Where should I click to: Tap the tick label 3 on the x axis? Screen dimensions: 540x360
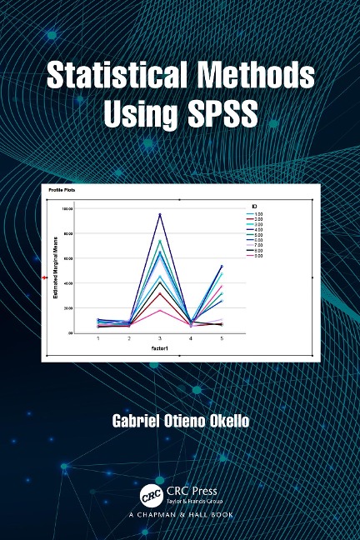point(160,339)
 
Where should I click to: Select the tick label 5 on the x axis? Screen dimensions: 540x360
point(221,339)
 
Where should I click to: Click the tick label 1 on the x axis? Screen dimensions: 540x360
point(98,339)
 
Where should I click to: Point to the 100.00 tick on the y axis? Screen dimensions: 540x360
point(67,209)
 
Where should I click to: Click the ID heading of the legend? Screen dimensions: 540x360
point(252,205)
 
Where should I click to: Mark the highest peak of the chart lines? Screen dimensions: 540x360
point(160,214)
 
